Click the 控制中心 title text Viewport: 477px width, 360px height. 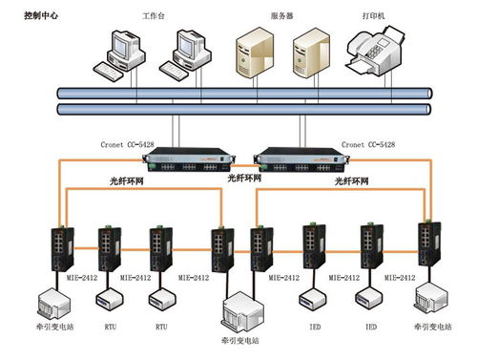(x=42, y=16)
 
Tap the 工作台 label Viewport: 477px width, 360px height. (x=154, y=16)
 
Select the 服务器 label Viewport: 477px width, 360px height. (x=281, y=16)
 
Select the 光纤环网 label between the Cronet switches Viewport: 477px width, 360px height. (x=243, y=177)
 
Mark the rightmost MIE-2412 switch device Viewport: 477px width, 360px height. (x=425, y=246)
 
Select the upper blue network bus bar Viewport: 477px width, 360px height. (x=238, y=93)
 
